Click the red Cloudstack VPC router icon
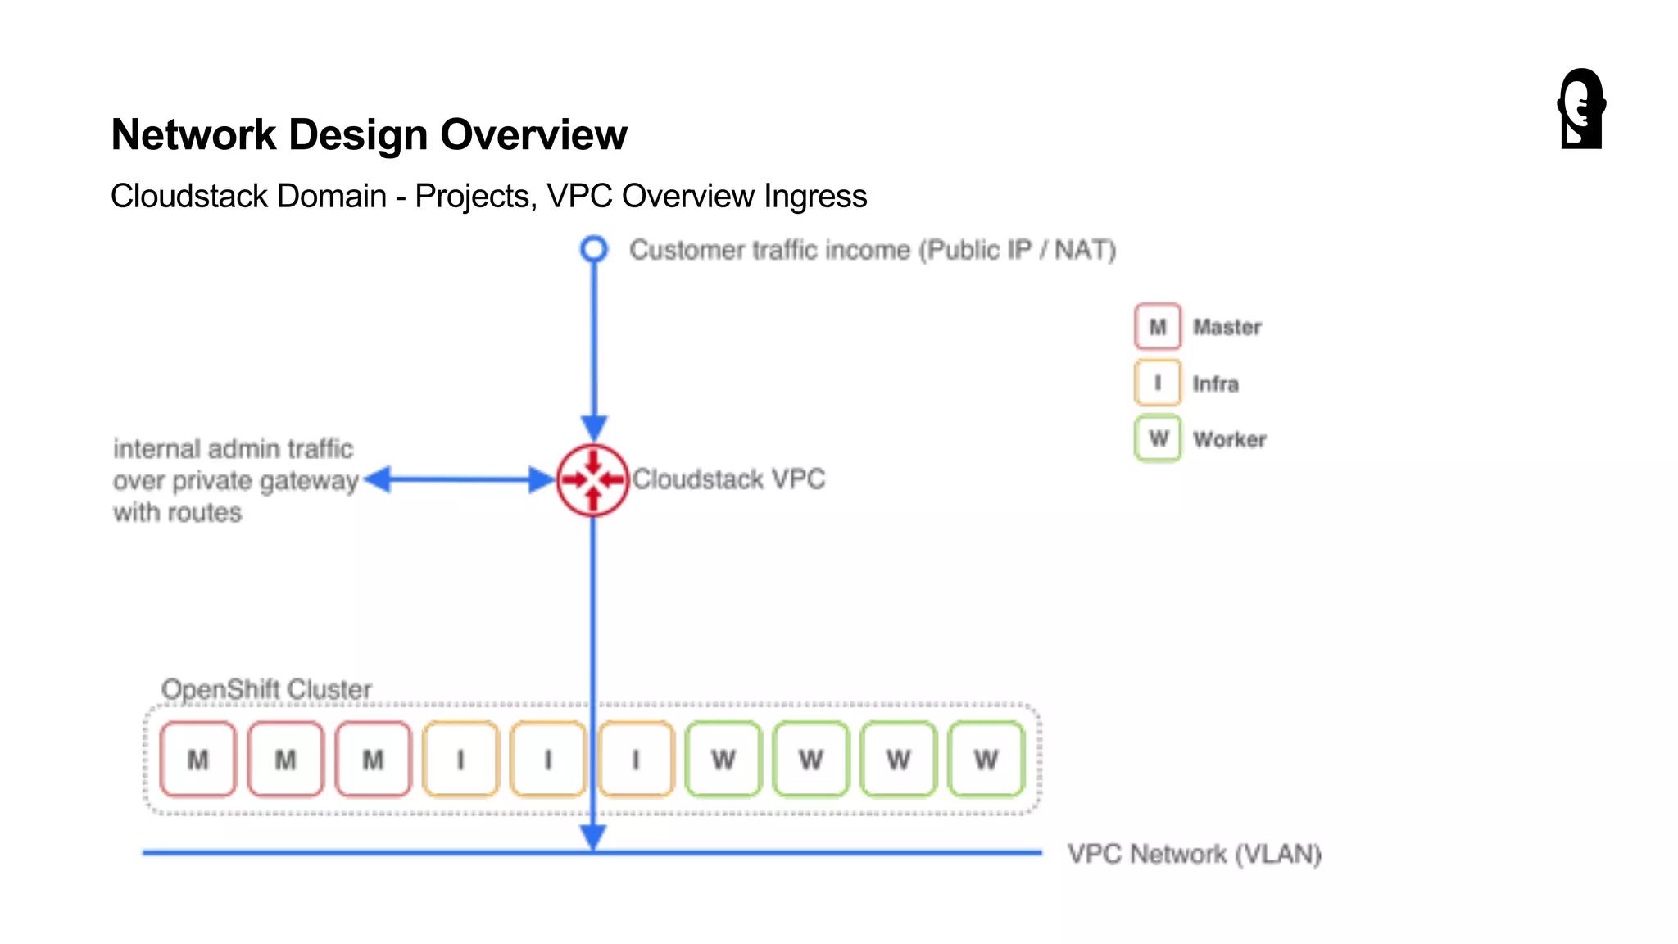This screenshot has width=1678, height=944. (592, 480)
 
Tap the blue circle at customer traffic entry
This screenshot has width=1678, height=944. (594, 248)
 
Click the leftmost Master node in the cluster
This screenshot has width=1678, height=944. (197, 760)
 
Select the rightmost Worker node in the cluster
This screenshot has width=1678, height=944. (986, 760)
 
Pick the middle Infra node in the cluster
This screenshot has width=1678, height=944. (547, 760)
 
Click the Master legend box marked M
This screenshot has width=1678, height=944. (1157, 326)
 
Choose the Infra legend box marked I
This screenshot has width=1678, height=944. (1157, 383)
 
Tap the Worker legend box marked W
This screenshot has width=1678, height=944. (1157, 439)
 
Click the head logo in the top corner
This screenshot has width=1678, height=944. (1581, 109)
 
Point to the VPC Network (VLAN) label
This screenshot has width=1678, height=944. (1194, 854)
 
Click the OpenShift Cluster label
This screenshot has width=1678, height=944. (266, 689)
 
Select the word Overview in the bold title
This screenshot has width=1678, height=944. (533, 134)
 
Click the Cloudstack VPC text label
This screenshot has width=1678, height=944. (728, 479)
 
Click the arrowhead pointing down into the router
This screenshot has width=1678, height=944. (594, 427)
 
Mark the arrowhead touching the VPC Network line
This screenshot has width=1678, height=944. (593, 837)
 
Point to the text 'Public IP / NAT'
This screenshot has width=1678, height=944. (1017, 250)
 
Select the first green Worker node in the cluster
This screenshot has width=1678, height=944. (723, 760)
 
